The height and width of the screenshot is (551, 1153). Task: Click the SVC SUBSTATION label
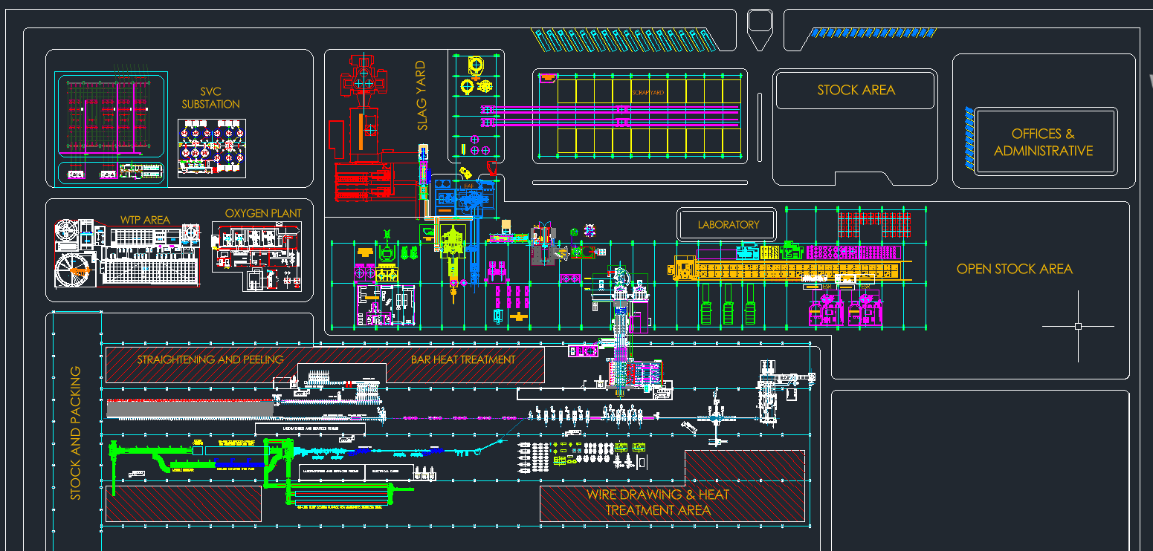pos(210,98)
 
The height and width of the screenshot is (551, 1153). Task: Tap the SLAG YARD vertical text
pos(422,95)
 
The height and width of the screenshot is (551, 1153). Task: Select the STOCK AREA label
pos(856,90)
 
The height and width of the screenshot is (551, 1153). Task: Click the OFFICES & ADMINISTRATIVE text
pos(1043,143)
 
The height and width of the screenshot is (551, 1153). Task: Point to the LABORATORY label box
pos(728,224)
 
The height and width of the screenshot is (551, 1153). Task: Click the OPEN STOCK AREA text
pos(1014,269)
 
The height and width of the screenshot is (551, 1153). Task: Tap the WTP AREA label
pos(145,220)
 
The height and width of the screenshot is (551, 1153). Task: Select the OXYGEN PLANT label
pos(263,213)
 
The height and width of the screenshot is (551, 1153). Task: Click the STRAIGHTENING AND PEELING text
pos(210,359)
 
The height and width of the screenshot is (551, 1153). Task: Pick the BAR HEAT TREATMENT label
pos(462,359)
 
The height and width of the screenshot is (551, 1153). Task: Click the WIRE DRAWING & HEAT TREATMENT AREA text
pos(658,503)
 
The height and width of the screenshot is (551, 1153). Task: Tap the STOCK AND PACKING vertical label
pos(75,432)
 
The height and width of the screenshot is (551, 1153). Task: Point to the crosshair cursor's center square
pos(1078,326)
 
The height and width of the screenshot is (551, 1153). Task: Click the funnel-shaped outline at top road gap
pos(760,28)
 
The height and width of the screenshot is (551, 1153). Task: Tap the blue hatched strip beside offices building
pos(969,136)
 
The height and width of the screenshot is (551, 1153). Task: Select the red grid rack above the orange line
pos(874,225)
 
